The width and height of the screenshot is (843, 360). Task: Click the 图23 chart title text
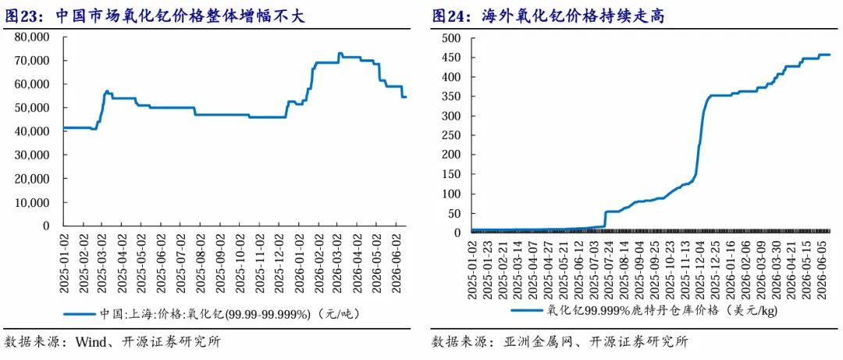155,16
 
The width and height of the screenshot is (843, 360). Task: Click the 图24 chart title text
549,16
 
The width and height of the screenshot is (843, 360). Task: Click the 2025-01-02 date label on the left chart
63,262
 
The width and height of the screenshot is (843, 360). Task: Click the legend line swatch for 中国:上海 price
79,314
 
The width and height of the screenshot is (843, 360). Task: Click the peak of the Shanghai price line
340,53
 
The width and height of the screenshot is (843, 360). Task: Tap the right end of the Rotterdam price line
830,55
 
